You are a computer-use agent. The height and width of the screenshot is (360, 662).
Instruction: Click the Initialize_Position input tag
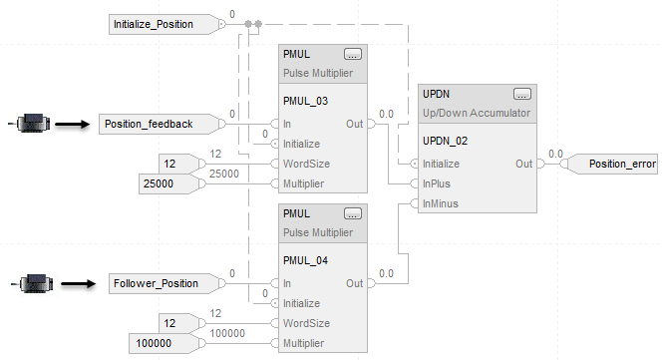(x=165, y=25)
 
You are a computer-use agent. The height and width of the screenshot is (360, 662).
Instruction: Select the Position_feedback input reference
(x=160, y=125)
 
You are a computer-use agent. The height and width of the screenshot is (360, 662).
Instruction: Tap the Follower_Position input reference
(x=165, y=283)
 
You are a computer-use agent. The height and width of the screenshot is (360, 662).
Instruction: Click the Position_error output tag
(x=613, y=164)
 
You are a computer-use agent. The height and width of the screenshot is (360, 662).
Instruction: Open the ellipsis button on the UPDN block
(x=521, y=94)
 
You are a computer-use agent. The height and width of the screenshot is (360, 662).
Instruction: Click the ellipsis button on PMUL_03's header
(x=353, y=55)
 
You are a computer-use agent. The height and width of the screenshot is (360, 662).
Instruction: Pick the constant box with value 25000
(x=168, y=184)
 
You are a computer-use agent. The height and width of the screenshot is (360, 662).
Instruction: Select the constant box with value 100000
(x=164, y=343)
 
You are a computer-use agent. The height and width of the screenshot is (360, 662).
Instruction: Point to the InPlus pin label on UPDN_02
(x=437, y=183)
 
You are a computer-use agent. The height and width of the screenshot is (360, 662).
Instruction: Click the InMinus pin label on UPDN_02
(x=441, y=203)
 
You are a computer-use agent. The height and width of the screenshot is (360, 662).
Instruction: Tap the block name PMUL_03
(x=305, y=101)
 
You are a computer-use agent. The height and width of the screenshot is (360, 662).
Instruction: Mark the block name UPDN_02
(x=445, y=142)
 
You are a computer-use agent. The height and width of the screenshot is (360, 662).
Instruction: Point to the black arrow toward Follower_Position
(x=79, y=283)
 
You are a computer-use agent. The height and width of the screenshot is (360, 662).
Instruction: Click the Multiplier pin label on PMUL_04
(x=303, y=343)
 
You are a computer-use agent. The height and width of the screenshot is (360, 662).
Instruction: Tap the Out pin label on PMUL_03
(x=354, y=125)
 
